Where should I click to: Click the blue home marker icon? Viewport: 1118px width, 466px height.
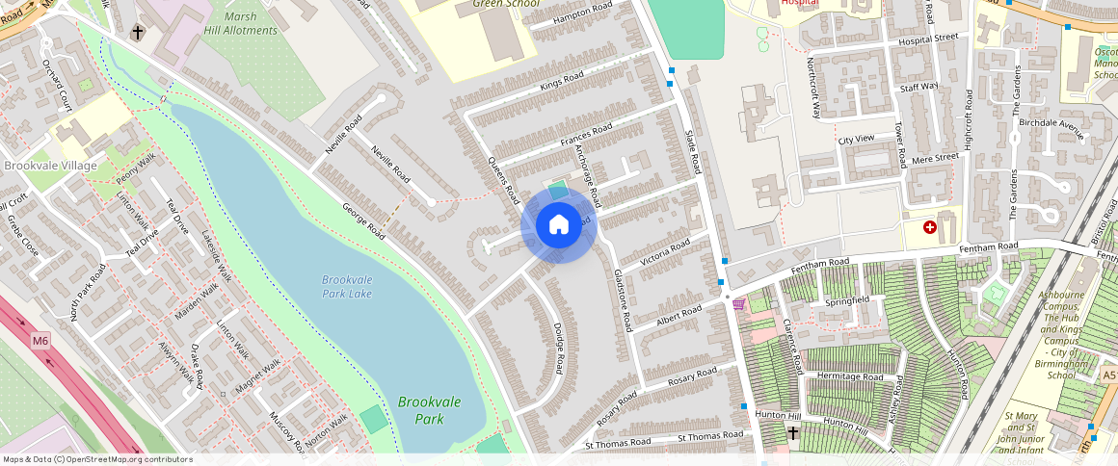[559, 225]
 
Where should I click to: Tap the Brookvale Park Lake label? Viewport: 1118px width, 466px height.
[347, 286]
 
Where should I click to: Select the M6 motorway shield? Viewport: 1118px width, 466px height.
[40, 340]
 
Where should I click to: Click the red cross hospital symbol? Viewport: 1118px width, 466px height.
[930, 227]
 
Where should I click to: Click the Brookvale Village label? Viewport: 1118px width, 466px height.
[50, 166]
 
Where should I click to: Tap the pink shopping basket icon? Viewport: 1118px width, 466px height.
[739, 304]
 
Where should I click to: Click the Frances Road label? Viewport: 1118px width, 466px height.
[586, 136]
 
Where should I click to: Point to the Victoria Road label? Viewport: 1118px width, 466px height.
[666, 252]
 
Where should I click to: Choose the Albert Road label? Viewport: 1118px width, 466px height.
[679, 316]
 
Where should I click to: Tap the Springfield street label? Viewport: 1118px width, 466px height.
[847, 300]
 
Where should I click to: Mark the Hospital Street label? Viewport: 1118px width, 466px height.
[928, 39]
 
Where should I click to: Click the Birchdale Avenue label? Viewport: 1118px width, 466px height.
[1051, 124]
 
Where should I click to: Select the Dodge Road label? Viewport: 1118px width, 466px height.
[558, 349]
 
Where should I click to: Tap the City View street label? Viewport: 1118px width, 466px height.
[856, 140]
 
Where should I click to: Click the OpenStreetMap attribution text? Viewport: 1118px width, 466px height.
[98, 459]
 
